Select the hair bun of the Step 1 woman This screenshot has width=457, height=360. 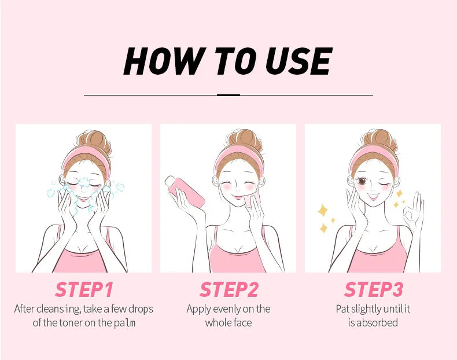coord(93,141)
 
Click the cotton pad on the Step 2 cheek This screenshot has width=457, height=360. coord(250,201)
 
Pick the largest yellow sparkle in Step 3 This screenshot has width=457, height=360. coord(323,211)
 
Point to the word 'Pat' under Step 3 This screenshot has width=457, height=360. coord(343,308)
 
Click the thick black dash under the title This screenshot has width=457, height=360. coord(228,95)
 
